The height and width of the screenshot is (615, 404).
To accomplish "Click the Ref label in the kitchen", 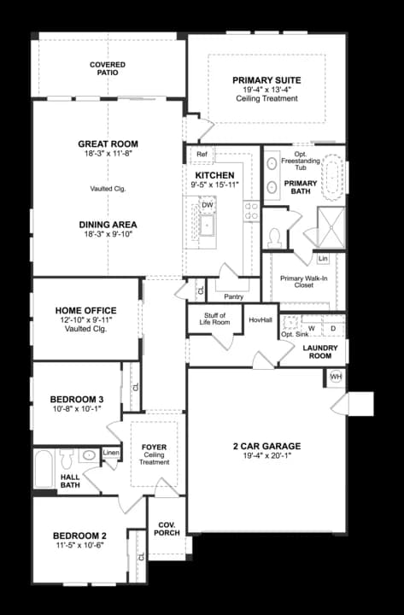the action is click(202, 154).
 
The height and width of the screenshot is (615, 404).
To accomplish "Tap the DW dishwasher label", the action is click(207, 205).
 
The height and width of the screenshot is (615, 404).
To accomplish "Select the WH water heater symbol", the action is click(336, 377).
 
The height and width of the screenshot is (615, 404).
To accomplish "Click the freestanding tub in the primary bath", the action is click(332, 178).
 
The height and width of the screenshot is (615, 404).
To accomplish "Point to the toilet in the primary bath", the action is click(274, 237).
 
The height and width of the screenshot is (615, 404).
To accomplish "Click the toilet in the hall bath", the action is click(67, 458).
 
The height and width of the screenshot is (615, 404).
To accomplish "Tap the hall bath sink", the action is click(90, 455).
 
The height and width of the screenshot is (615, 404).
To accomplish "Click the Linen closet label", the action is click(111, 452).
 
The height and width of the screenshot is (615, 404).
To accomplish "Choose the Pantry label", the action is click(233, 297).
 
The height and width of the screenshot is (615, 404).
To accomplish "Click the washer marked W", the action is click(312, 329).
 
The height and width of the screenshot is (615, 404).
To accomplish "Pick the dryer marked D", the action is click(333, 329).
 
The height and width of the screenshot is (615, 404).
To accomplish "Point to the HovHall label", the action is click(261, 319).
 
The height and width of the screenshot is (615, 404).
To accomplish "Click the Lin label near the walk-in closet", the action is click(323, 259).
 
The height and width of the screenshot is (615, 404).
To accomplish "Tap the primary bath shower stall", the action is click(331, 227).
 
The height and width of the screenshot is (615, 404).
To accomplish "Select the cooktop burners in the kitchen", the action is click(251, 211).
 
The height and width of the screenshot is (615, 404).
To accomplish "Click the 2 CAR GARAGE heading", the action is click(267, 446).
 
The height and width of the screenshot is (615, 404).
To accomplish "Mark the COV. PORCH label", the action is click(167, 529).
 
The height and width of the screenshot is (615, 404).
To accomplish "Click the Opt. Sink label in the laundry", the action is click(295, 335).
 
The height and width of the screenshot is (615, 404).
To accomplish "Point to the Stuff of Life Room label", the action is click(214, 319).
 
